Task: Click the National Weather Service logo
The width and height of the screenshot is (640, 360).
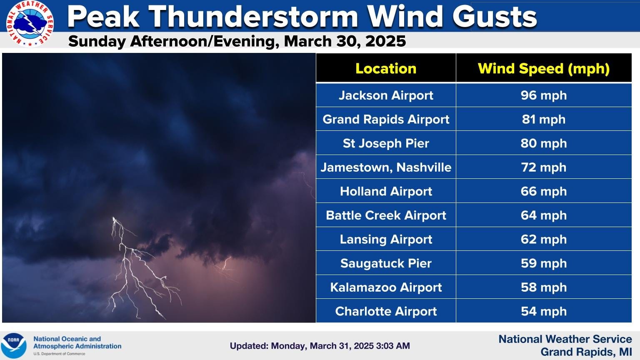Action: pos(30,23)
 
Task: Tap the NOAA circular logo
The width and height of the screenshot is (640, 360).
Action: pos(13,346)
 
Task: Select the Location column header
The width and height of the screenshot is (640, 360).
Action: pos(386,68)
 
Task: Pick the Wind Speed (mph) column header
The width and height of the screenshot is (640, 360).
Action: pos(543,68)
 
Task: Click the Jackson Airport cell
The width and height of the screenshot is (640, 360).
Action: pos(386,95)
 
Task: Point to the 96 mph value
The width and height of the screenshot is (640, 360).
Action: pos(543,95)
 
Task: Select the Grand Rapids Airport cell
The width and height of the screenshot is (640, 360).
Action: pos(386,120)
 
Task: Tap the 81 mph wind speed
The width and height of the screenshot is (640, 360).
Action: pos(543,120)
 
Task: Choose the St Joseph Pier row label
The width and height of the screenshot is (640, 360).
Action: pos(386,143)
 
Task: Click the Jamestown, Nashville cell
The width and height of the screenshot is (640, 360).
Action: pos(386,167)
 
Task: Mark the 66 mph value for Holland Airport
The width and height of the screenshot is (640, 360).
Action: pos(543,191)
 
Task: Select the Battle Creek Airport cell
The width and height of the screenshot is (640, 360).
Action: pos(386,215)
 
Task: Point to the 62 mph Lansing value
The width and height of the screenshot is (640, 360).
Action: pos(543,240)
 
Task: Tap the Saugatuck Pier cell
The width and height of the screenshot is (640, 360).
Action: pos(386,263)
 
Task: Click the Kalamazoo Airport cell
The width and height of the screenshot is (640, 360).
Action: pos(386,287)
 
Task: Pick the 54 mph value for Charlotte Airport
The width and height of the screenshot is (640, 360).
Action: pos(543,311)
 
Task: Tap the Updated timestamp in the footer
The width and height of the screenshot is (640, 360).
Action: pos(320,346)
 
